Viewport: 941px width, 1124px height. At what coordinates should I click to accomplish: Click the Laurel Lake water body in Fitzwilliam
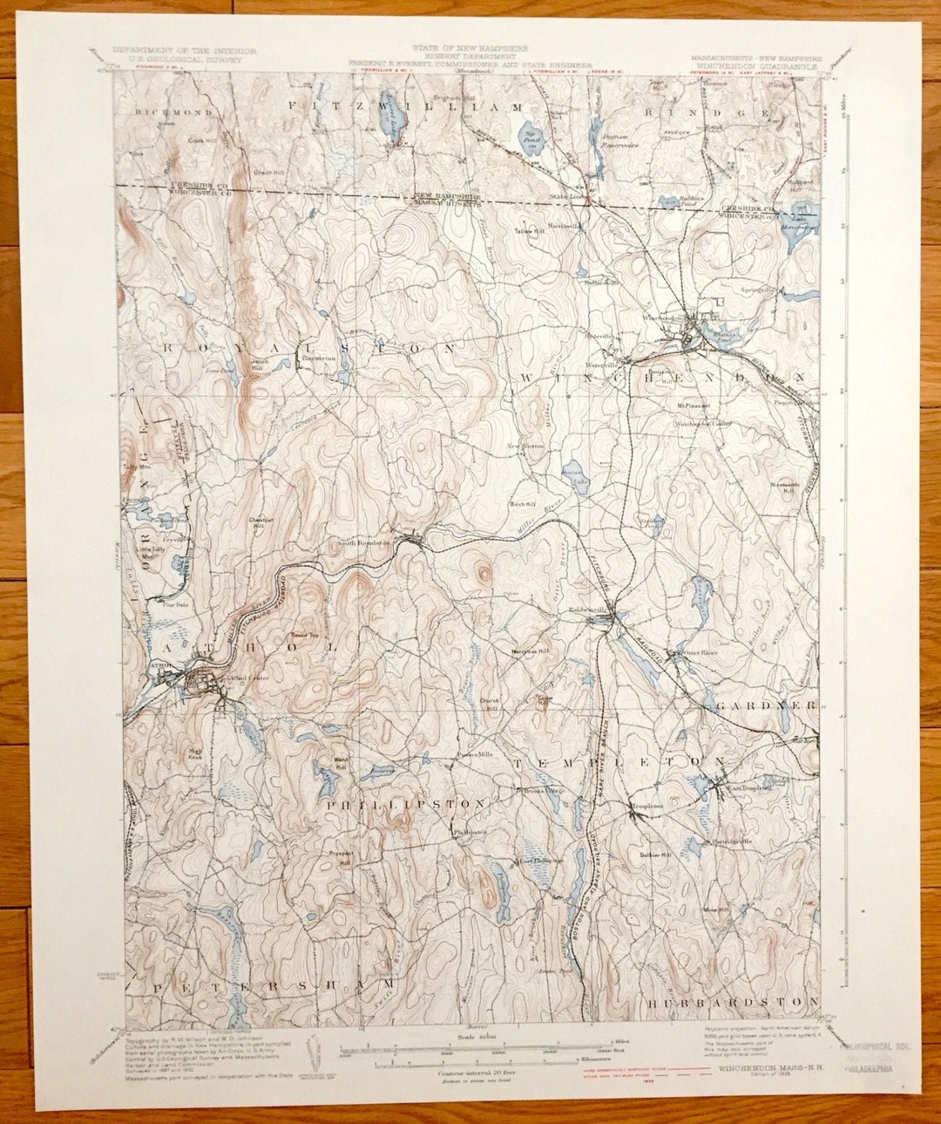(392, 122)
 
